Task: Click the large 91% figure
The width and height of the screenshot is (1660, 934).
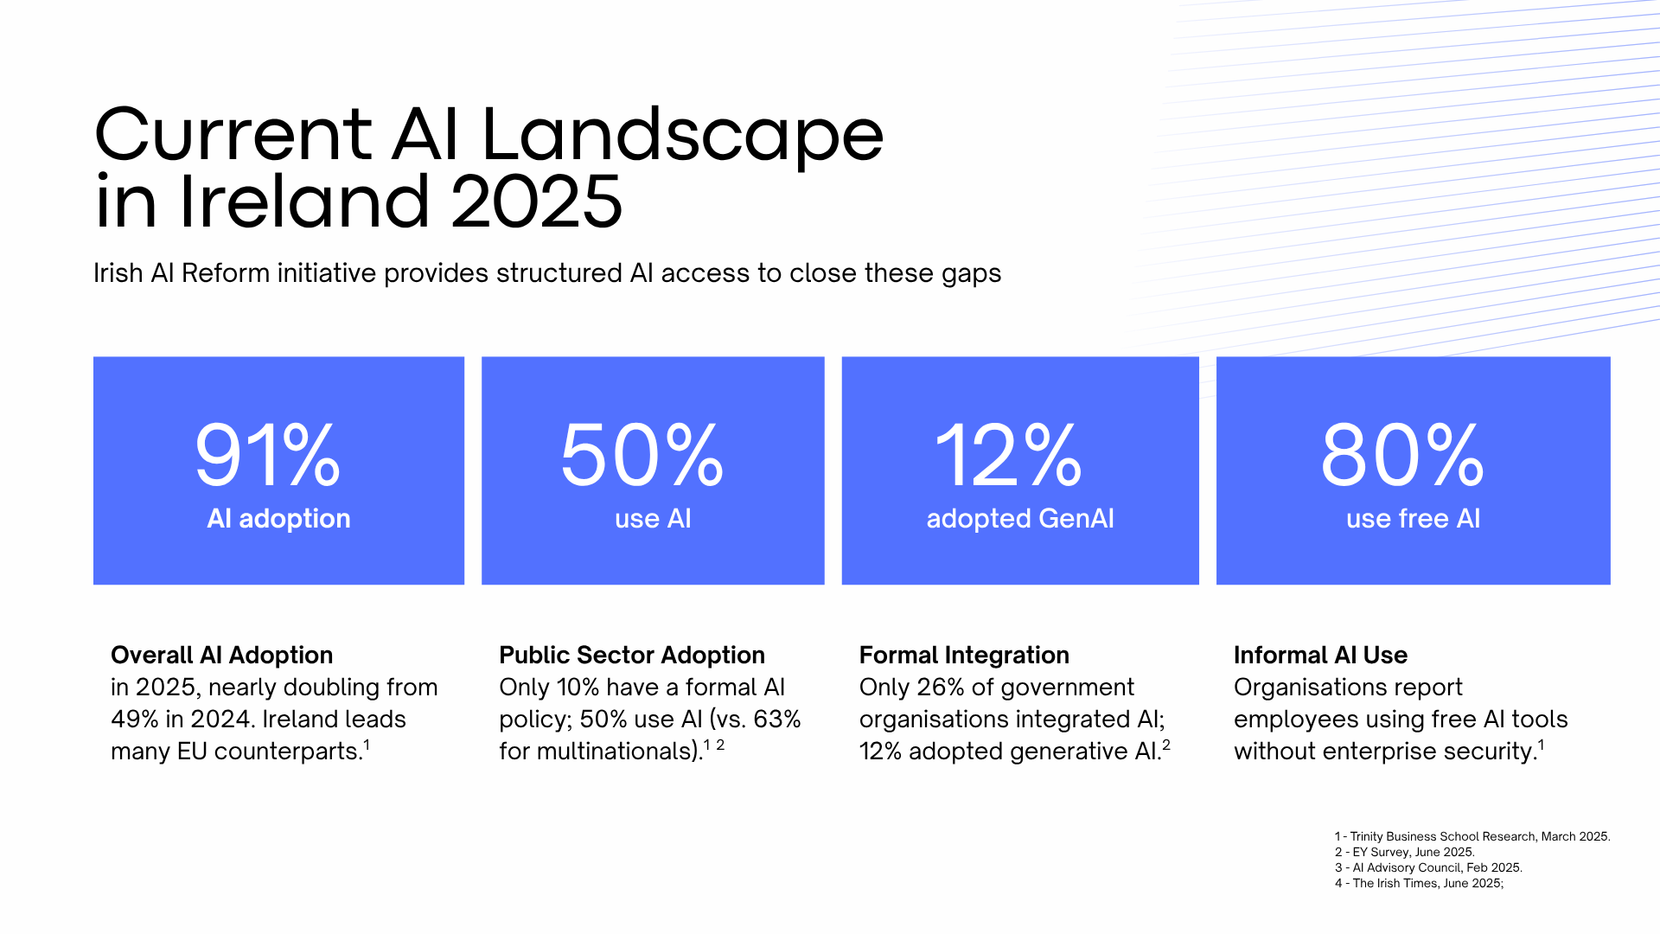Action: coord(268,456)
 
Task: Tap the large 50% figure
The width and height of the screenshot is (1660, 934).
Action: coord(642,456)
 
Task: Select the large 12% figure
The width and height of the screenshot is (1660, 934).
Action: coord(1008,456)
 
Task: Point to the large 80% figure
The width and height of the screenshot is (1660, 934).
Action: coord(1402,456)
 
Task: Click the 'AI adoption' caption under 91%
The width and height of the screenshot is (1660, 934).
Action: coord(278,519)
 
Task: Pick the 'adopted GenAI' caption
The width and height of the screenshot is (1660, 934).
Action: coord(1020,519)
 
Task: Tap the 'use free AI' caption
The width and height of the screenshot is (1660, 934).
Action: coord(1413,519)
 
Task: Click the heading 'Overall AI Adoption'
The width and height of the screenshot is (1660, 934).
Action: coord(221,656)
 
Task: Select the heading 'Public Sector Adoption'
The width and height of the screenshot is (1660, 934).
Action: coord(632,656)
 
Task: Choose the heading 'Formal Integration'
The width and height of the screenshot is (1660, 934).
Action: coord(964,656)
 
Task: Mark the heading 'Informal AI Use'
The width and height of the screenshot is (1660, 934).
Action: coord(1320,656)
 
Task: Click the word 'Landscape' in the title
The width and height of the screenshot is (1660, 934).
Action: coord(682,136)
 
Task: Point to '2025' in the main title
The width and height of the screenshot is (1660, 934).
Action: coord(536,202)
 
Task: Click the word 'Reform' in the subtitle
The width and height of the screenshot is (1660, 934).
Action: coord(226,273)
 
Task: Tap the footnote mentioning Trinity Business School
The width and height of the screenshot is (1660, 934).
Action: coord(1472,836)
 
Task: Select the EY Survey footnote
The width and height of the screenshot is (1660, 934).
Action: coord(1405,852)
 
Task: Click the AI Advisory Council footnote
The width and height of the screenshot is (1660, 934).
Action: coord(1428,867)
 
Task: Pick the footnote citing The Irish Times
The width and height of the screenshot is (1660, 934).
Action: coord(1419,883)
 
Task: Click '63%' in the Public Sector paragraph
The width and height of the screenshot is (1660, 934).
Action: coord(777,720)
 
